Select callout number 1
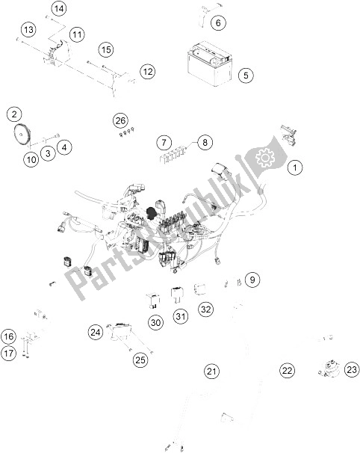point(297,167)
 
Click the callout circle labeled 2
point(13,114)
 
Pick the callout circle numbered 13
point(28,30)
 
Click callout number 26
point(121,120)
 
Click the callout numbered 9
point(253,280)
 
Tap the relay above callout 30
point(154,301)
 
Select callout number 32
point(205,309)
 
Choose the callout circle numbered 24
point(95,332)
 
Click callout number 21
point(213,371)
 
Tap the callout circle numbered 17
point(8,351)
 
